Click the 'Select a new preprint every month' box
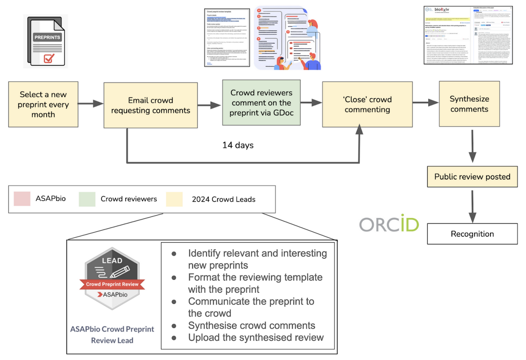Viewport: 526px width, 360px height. [43, 105]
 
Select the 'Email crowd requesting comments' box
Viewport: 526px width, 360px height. [150, 105]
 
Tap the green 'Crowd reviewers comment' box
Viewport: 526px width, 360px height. [261, 102]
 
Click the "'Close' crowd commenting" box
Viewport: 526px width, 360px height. [367, 105]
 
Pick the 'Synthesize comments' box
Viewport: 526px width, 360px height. [469, 104]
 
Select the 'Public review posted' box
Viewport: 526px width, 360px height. [472, 177]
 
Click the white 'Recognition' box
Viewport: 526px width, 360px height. [472, 234]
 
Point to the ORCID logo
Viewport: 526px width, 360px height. [389, 224]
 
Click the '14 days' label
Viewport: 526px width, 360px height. [238, 145]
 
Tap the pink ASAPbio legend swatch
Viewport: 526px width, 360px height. [22, 199]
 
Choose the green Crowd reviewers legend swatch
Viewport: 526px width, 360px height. [87, 199]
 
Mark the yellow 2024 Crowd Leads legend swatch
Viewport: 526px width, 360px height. [174, 199]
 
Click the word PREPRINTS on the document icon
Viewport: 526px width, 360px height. [47, 37]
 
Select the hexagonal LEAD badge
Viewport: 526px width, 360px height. [112, 277]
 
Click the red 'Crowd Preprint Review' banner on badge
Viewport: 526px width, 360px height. [112, 284]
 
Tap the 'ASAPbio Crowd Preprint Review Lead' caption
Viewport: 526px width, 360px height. [112, 334]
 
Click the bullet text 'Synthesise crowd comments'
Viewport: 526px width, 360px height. [252, 325]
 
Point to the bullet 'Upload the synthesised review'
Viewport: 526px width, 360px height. [256, 337]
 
